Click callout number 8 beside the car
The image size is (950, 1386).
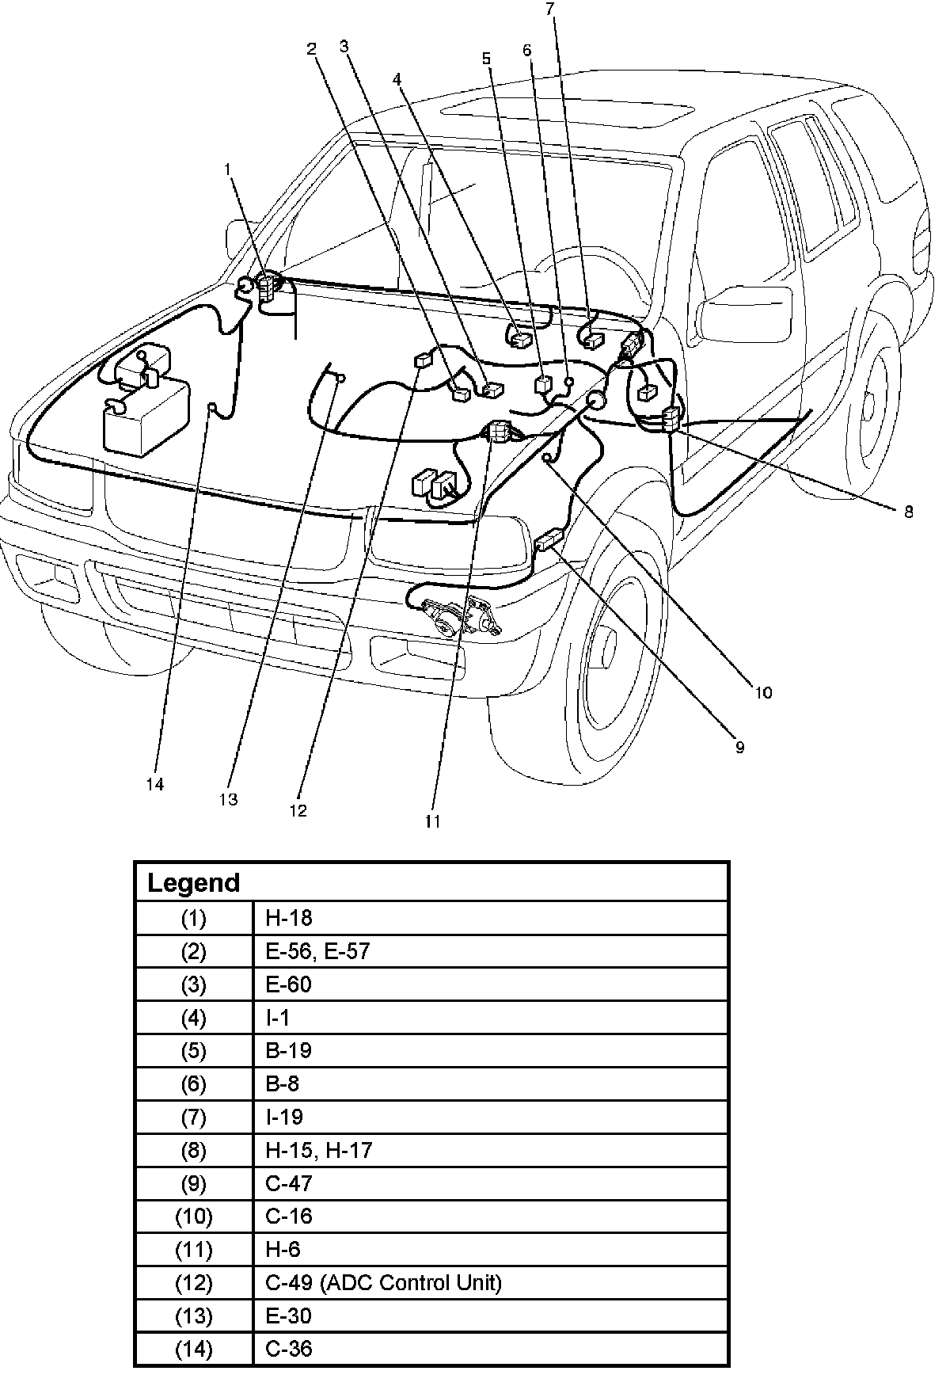click(908, 512)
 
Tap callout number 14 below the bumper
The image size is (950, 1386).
click(155, 784)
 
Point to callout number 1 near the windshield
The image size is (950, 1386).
click(228, 169)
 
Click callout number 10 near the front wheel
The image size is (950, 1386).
click(762, 692)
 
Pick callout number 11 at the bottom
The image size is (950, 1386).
click(432, 821)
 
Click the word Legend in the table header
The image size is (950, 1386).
click(194, 883)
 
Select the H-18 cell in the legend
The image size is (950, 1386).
click(289, 918)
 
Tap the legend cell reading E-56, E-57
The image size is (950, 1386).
click(317, 951)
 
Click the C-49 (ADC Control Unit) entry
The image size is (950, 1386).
click(384, 1282)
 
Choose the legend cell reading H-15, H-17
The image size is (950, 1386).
click(319, 1150)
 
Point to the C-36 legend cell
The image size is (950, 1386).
click(289, 1349)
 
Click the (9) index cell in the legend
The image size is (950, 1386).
click(194, 1183)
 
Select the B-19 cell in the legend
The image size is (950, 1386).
click(289, 1050)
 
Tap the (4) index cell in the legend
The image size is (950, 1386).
click(194, 1017)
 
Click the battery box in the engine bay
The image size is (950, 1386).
click(146, 416)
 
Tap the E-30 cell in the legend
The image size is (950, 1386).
click(289, 1316)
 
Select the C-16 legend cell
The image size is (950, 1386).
click(289, 1216)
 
